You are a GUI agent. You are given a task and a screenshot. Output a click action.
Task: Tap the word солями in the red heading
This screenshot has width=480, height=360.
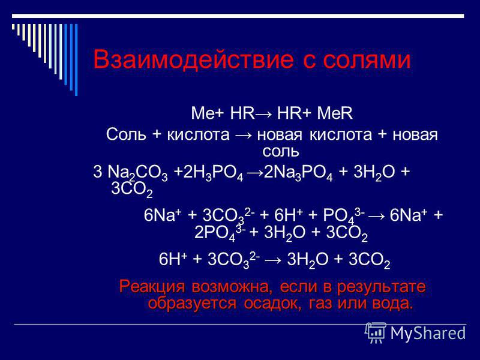tap(367, 60)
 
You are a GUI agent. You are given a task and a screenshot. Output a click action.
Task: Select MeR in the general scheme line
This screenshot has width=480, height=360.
tap(335, 113)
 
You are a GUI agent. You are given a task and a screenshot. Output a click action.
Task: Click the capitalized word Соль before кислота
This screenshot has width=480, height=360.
tap(126, 134)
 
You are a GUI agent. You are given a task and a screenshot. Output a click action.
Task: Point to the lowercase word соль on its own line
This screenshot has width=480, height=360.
tap(280, 151)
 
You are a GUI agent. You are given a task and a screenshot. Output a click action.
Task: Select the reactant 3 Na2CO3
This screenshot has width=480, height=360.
tap(130, 173)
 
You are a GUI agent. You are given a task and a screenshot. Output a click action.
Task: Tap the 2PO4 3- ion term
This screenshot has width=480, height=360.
tap(220, 233)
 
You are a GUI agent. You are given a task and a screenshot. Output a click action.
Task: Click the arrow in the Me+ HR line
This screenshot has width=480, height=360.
tap(265, 114)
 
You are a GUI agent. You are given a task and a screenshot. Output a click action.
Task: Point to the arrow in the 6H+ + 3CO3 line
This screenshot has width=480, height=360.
tap(275, 260)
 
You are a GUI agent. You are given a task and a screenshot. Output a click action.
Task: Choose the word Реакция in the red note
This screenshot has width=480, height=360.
tap(152, 287)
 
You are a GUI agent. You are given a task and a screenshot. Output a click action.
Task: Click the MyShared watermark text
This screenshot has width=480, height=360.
tap(428, 333)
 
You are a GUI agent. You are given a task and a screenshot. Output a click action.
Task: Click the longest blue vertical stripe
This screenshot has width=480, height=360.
tap(76, 60)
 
